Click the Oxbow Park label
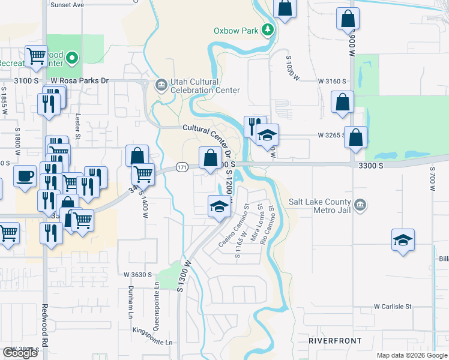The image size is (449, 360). coord(235,31)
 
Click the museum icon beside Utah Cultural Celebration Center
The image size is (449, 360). coord(161,85)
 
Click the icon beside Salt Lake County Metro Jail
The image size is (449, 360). coord(360,205)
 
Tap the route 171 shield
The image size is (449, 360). coord(182,167)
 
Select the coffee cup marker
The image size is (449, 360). coord(25,176)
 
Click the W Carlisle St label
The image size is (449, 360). coord(393,306)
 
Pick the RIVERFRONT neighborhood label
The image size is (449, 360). coord(335,341)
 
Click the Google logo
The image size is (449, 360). coord(20,353)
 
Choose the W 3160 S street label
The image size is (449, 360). coord(333,81)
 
